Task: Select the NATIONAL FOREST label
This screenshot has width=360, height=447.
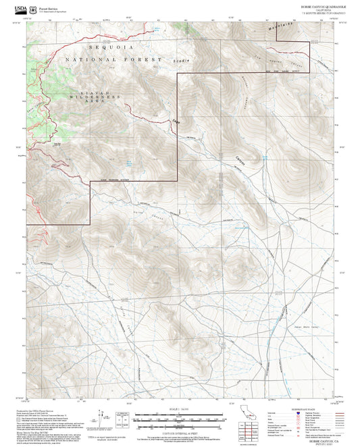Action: [115, 60]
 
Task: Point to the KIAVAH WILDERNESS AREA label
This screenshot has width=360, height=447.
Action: [99, 98]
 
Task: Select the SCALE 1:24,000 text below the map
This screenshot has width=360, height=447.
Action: [180, 409]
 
